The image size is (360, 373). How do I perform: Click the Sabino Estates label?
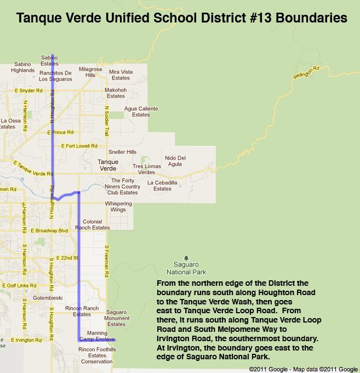(x=49, y=60)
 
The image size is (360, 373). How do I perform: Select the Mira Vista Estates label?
(x=121, y=75)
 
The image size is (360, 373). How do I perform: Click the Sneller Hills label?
(x=123, y=152)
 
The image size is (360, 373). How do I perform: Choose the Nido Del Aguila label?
(x=175, y=161)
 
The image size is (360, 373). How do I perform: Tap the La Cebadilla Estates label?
(x=162, y=185)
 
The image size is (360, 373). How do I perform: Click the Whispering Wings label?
(x=118, y=206)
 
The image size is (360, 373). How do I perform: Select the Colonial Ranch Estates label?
(x=93, y=224)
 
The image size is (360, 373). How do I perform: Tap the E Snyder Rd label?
(x=28, y=91)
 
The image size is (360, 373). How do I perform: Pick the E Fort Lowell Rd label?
(x=79, y=146)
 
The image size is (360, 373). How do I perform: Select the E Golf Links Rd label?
(x=20, y=285)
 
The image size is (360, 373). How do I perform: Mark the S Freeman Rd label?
(x=108, y=261)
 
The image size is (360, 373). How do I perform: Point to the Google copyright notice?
(x=303, y=369)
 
